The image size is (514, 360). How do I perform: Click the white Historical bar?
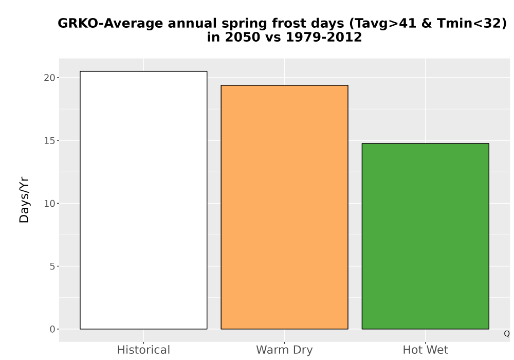143,200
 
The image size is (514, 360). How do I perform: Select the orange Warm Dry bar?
285,207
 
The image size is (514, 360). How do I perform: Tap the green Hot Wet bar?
426,236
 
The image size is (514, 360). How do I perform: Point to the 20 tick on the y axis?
49,78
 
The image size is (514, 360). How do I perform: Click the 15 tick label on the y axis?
49,140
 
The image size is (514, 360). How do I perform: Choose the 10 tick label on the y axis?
49,204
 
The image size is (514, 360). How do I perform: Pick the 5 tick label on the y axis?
52,266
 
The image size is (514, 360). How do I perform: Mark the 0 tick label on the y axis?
52,329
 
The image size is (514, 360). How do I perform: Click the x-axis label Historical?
143,350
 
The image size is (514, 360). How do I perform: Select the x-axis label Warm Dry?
285,350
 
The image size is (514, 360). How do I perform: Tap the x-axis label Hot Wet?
426,350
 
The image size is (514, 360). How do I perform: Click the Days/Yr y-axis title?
24,201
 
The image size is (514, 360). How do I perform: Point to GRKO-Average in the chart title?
110,24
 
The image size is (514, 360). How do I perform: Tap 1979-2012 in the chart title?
324,37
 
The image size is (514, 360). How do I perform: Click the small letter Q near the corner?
507,334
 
